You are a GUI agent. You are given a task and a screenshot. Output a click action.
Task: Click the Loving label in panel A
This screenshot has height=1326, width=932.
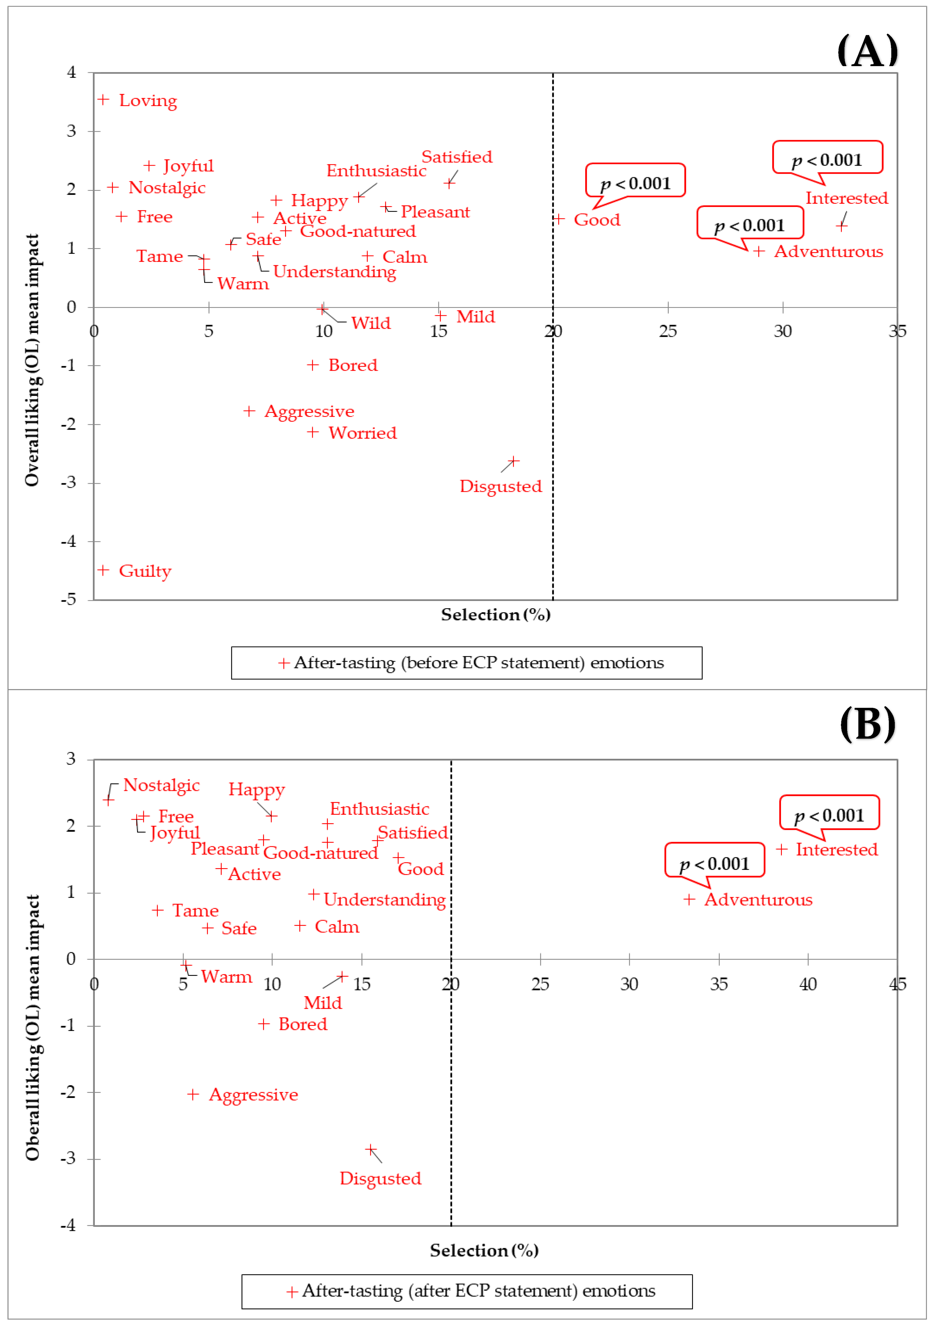click(x=148, y=100)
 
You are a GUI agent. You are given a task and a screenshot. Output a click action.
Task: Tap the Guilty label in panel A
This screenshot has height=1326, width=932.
click(x=145, y=571)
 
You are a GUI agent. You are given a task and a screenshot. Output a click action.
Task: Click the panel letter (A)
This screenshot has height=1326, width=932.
click(x=867, y=51)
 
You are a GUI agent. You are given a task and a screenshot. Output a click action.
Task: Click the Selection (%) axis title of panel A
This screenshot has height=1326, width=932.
click(x=495, y=614)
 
